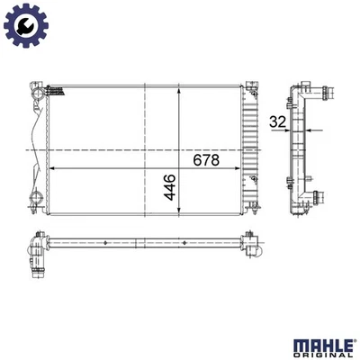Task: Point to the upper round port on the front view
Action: click(x=35, y=94)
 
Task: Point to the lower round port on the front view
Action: click(x=35, y=199)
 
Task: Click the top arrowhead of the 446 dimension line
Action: click(x=182, y=89)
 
